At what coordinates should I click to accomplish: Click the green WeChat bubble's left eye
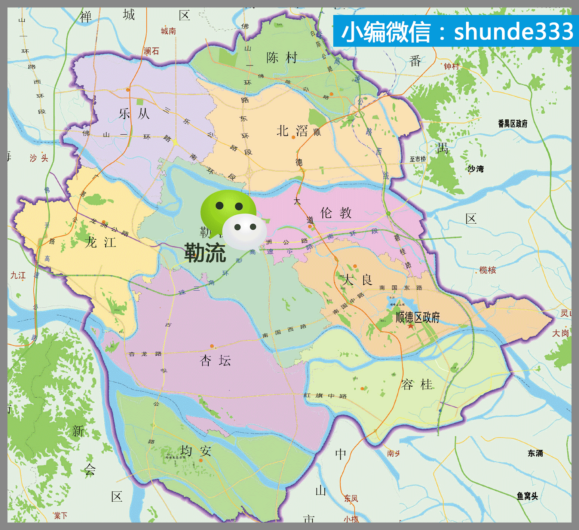[220, 205]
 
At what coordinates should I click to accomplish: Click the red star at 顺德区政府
[411, 326]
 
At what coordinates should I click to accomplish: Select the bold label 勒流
[205, 253]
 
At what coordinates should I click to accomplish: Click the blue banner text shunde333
[514, 31]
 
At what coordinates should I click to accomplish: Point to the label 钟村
[451, 67]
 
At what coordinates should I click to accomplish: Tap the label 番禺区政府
[512, 124]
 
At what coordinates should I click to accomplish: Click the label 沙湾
[475, 169]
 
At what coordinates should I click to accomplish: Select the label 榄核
[487, 270]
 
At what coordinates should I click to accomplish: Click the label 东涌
[535, 453]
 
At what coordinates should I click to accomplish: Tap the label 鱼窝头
[527, 496]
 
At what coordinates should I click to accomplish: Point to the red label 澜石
[151, 51]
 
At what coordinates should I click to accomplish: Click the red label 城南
[168, 31]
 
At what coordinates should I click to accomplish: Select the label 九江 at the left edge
[18, 276]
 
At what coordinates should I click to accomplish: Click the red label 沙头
[39, 158]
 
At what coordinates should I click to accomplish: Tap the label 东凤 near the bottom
[351, 499]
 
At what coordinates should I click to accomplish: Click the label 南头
[393, 454]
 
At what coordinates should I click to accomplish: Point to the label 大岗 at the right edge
[560, 333]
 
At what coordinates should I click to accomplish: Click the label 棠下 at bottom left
[61, 516]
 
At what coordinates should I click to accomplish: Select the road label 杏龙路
[145, 354]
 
